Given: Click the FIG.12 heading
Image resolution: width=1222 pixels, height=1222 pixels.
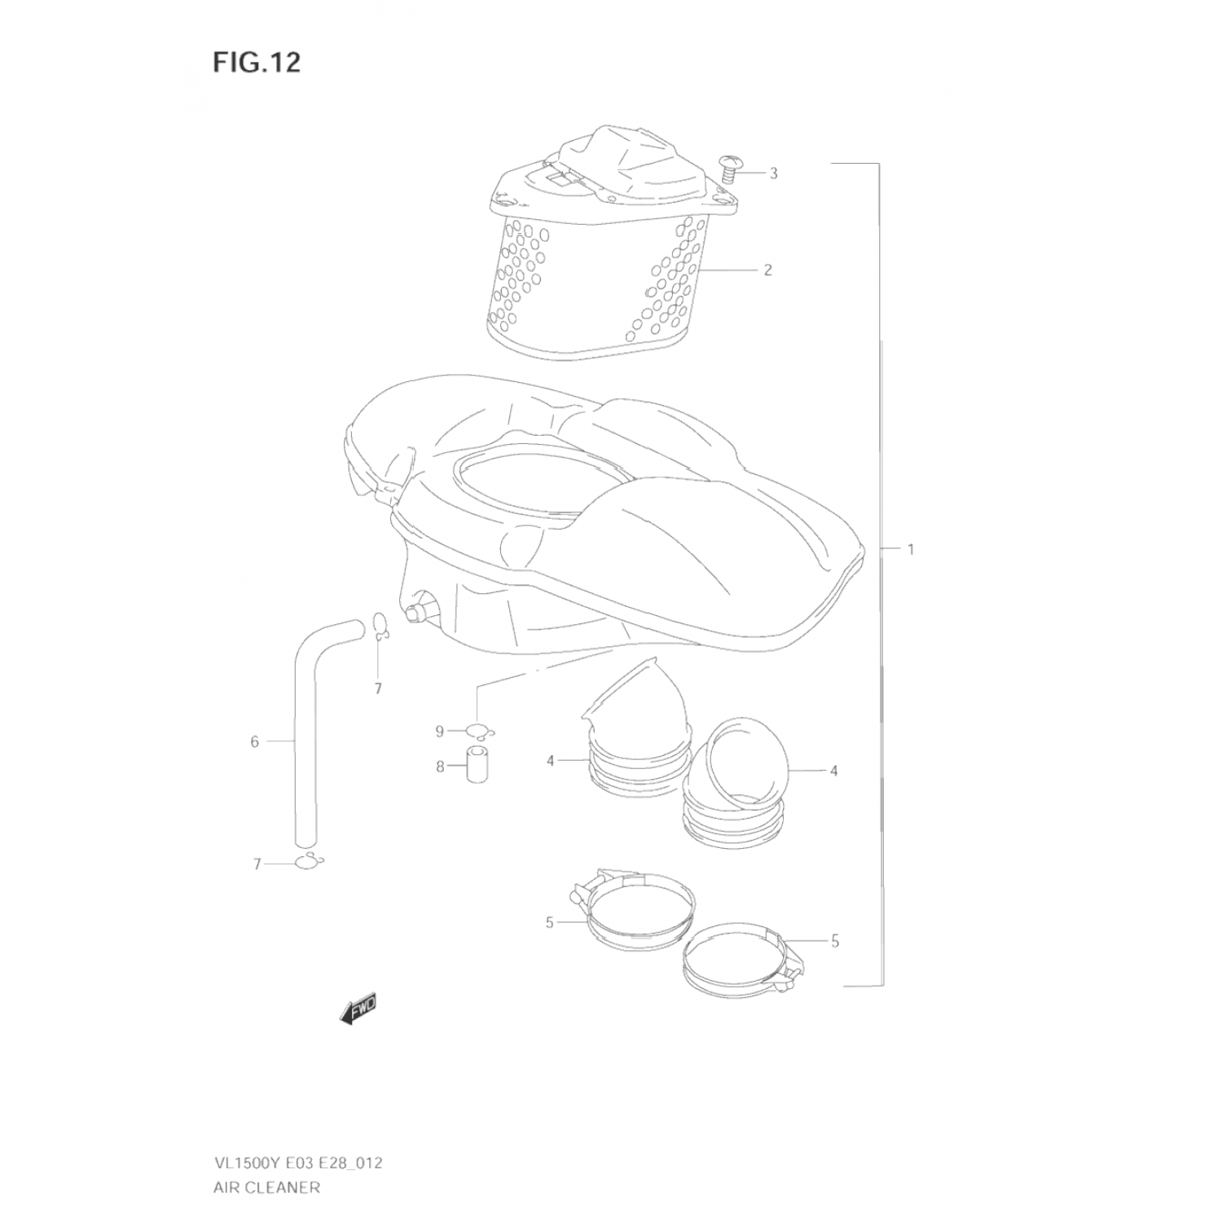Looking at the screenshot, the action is (257, 62).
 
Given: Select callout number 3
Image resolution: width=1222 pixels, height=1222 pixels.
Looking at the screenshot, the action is (773, 173).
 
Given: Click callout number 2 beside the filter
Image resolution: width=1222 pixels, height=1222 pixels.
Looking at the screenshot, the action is (767, 270).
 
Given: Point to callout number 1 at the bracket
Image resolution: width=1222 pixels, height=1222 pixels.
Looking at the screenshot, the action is (911, 549).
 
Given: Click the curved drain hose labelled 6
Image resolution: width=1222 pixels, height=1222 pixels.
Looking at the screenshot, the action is (305, 733).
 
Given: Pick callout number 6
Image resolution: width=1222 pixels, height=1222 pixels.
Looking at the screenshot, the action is (254, 741).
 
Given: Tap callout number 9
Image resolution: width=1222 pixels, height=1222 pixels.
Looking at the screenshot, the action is (439, 732).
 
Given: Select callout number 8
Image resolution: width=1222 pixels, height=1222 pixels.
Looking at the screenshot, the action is (439, 767).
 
